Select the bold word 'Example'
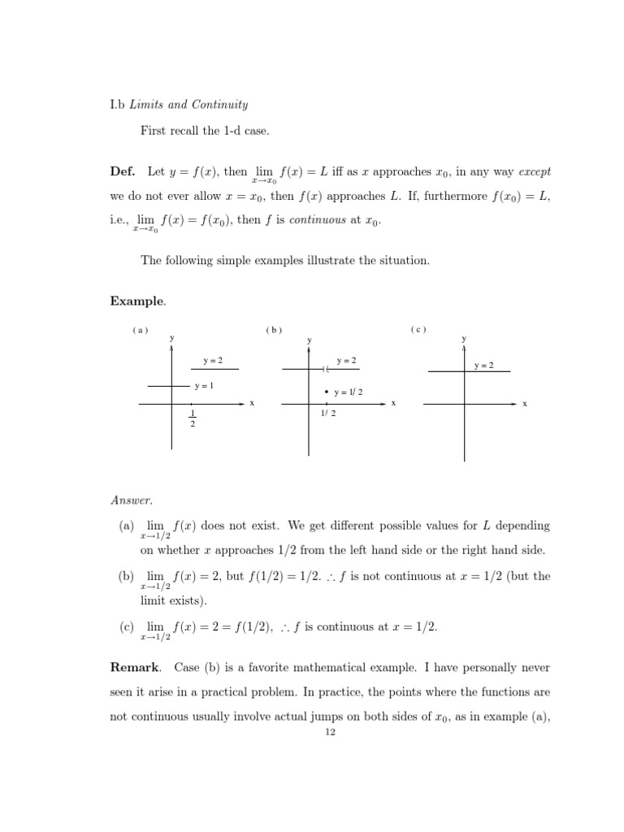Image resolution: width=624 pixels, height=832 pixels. pos(136,301)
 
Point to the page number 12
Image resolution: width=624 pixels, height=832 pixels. pos(330,732)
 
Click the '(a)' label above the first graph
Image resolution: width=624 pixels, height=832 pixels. pos(140,330)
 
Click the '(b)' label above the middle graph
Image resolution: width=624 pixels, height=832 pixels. pos(273,330)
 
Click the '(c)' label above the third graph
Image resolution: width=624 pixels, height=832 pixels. pos(418,329)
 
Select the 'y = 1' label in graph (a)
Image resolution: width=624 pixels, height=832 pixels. pos(204,385)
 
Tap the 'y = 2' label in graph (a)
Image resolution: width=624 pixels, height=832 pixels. pos(213,360)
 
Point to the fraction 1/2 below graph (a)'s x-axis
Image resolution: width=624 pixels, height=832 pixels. pos(192,418)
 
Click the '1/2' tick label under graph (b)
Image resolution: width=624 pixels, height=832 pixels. pos(328,413)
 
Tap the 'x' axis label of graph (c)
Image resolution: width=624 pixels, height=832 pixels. pos(525,404)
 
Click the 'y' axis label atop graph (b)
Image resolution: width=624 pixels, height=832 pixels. pos(309,339)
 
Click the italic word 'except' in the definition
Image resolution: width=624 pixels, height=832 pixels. pos(534,172)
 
